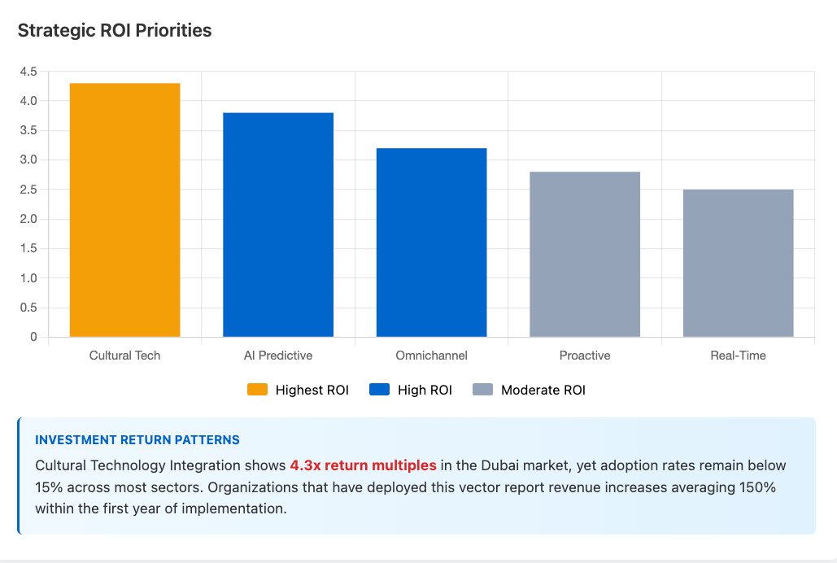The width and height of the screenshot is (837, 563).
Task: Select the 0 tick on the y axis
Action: pyautogui.click(x=33, y=337)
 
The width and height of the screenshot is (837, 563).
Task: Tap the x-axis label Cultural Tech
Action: pyautogui.click(x=124, y=356)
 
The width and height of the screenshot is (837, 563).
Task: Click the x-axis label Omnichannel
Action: pyautogui.click(x=431, y=356)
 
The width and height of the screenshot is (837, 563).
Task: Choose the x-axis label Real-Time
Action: pyautogui.click(x=738, y=356)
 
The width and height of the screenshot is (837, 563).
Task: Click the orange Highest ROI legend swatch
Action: pyautogui.click(x=257, y=390)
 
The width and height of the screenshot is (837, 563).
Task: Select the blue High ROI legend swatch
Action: pyautogui.click(x=379, y=390)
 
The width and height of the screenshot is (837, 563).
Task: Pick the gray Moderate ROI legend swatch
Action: pyautogui.click(x=482, y=390)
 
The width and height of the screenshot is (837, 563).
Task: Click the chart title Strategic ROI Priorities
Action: pyautogui.click(x=115, y=31)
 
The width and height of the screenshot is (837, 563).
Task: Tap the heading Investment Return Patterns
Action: pyautogui.click(x=137, y=440)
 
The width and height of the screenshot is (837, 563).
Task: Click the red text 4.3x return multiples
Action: pyautogui.click(x=363, y=465)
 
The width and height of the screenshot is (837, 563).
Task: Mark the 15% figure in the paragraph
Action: pyautogui.click(x=48, y=487)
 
